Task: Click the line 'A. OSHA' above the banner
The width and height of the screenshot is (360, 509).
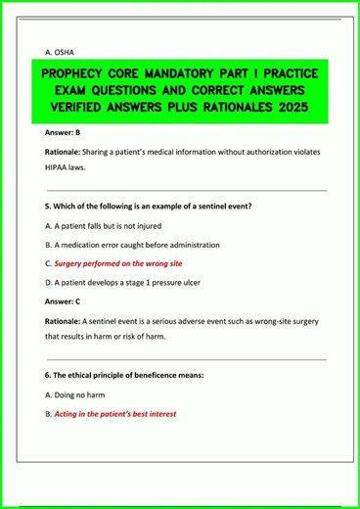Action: (61, 51)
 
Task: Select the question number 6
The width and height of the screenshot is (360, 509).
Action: (48, 377)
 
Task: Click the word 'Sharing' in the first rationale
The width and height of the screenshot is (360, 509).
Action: (102, 153)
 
